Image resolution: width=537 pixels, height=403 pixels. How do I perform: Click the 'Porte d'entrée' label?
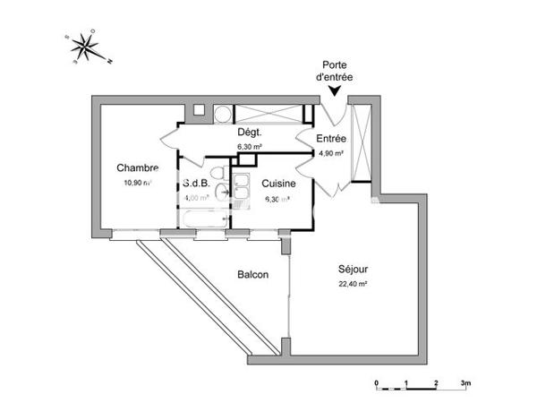click(x=336, y=71)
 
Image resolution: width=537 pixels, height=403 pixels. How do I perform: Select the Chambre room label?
click(x=137, y=167)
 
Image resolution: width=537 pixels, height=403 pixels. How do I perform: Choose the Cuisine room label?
click(x=278, y=184)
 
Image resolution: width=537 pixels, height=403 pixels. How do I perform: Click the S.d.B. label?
click(x=196, y=184)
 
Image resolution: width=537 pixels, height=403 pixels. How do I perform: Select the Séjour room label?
click(x=354, y=268)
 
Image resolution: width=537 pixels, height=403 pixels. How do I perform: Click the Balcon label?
click(x=252, y=275)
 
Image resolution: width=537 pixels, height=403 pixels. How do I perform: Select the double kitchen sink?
click(x=241, y=189)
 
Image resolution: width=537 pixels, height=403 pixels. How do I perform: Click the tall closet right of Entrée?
click(x=362, y=143)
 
